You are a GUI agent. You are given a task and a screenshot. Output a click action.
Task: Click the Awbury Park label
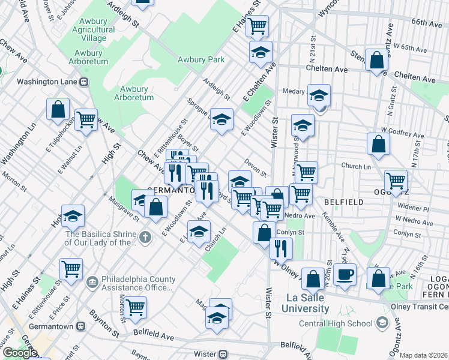click(x=200, y=59)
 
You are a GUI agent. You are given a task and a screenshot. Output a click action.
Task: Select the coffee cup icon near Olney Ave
click(x=345, y=275)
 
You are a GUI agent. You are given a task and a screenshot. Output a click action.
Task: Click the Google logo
click(x=20, y=353)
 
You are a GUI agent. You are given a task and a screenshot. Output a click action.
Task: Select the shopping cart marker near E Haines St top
click(x=257, y=26)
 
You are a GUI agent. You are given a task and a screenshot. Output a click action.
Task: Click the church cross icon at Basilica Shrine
click(x=144, y=238)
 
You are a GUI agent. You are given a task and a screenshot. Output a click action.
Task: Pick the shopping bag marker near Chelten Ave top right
click(x=377, y=61)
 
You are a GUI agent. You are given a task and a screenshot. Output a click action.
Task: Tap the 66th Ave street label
click(x=427, y=23)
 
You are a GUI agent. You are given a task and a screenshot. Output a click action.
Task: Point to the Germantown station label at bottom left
click(x=52, y=326)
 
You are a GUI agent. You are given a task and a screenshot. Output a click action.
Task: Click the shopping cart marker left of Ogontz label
click(x=396, y=179)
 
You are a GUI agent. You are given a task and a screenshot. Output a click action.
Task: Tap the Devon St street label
click(x=255, y=167)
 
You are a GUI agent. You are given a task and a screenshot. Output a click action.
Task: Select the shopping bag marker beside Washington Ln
click(x=58, y=109)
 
